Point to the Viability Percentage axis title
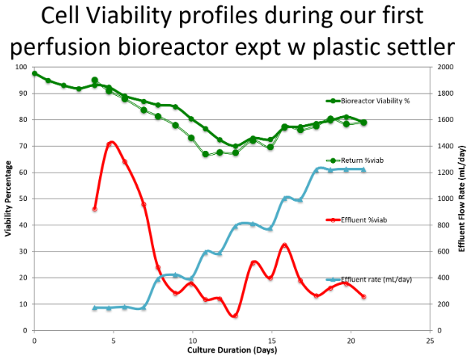[x=8, y=199]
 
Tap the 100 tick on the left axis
[x=22, y=67]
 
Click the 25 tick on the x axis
[x=430, y=339]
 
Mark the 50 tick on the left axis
[x=24, y=199]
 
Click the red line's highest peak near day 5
[x=111, y=142]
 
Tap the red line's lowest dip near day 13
[x=235, y=315]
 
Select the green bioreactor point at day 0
[x=34, y=74]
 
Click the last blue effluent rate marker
[x=363, y=170]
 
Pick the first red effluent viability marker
[x=95, y=209]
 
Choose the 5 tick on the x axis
[x=113, y=339]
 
